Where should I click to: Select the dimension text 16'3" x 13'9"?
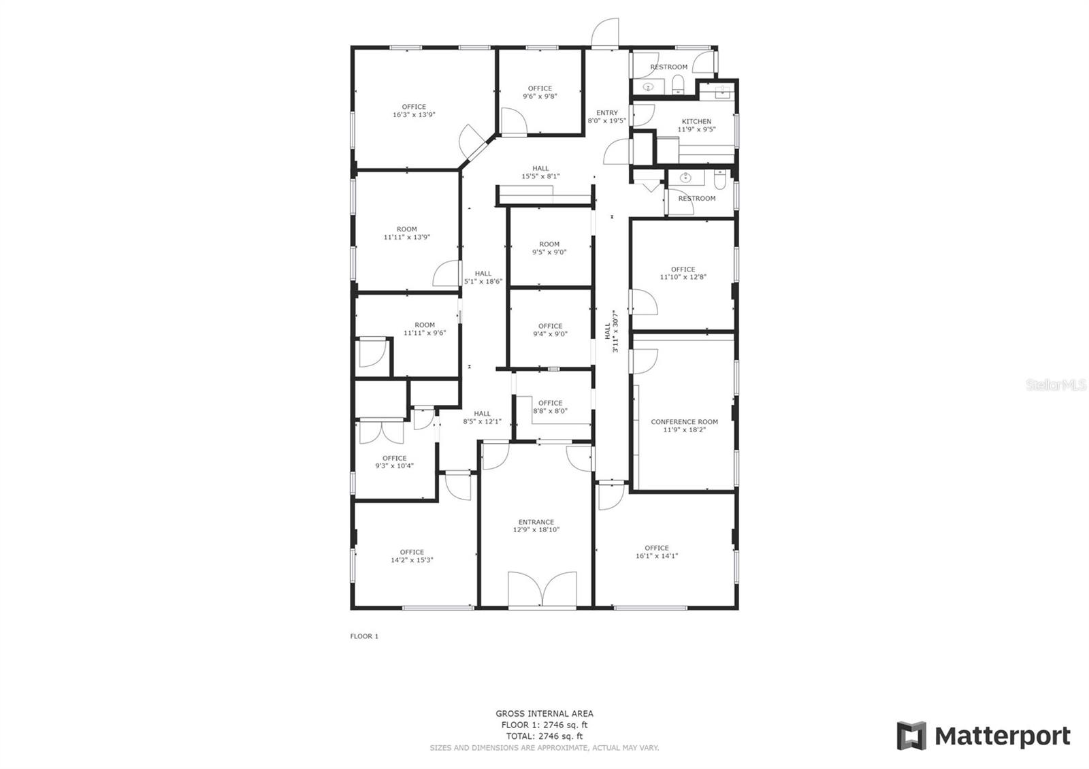click(x=414, y=115)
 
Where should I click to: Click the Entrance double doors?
click(x=542, y=589)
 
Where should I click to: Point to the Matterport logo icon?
click(x=911, y=736)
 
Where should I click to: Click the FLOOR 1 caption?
click(x=364, y=636)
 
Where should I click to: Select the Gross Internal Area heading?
click(x=544, y=714)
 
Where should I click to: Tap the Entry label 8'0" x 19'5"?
click(x=607, y=117)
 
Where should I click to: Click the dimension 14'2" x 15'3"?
click(x=412, y=561)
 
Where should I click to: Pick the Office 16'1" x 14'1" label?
click(x=657, y=552)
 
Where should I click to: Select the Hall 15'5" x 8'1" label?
click(x=540, y=172)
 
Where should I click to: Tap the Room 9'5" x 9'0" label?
click(x=549, y=248)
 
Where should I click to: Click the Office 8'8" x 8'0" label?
click(x=550, y=407)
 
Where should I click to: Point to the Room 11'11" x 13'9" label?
click(x=407, y=233)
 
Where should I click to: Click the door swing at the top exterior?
click(x=604, y=34)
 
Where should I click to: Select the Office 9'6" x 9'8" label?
click(x=540, y=92)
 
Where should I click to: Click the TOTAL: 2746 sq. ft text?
click(x=544, y=736)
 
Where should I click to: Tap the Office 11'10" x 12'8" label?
click(x=683, y=273)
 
